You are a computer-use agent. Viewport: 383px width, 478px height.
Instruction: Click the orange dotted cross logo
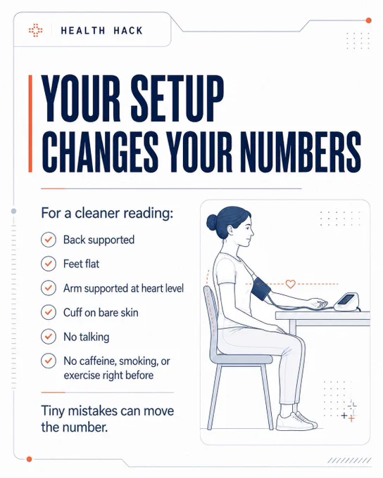point(35,30)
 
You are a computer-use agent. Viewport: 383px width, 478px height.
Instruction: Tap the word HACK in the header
point(128,30)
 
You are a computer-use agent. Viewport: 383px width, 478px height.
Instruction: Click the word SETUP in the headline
point(177,99)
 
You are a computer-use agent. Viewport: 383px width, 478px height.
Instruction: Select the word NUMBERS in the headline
point(300,152)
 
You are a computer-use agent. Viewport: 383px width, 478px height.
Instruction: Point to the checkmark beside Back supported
point(49,240)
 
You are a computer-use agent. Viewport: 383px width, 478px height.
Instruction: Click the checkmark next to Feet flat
point(49,264)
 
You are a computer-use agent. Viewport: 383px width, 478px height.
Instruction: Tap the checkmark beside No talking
point(49,337)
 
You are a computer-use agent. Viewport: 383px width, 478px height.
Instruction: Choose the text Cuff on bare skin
point(101,313)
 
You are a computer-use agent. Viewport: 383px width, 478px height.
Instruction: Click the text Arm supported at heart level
point(123,288)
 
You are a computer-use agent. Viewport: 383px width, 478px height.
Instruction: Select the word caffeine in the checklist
point(90,361)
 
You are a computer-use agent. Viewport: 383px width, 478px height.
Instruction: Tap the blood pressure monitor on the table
point(346,302)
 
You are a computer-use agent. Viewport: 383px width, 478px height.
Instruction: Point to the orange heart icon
point(291,284)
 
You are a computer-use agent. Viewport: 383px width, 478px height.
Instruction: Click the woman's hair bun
point(211,222)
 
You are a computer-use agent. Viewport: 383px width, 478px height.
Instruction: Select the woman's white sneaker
point(296,421)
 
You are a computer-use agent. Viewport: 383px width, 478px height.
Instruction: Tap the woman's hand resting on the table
point(318,303)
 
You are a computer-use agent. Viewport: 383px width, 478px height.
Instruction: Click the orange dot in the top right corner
point(369,20)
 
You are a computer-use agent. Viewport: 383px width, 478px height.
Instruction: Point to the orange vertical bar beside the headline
point(30,124)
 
